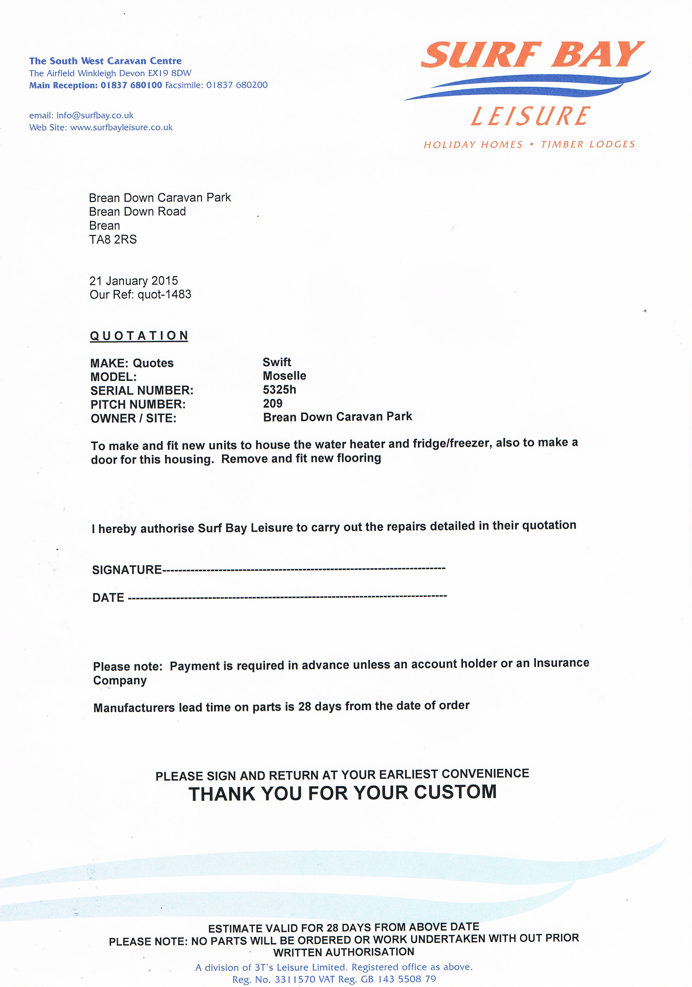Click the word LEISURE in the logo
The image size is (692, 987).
point(530,117)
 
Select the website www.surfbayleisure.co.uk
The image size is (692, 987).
point(121,127)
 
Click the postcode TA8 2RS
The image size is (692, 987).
point(113,240)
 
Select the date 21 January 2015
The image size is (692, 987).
point(133,281)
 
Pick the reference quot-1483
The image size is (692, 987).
point(164,294)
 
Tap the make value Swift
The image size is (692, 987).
point(277,362)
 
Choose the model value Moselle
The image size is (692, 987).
point(284,376)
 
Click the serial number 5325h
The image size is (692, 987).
point(280,390)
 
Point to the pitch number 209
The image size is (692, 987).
point(273,403)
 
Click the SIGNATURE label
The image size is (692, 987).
point(127,570)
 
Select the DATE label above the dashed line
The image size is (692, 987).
point(108,597)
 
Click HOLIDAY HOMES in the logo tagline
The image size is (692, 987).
point(473,144)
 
